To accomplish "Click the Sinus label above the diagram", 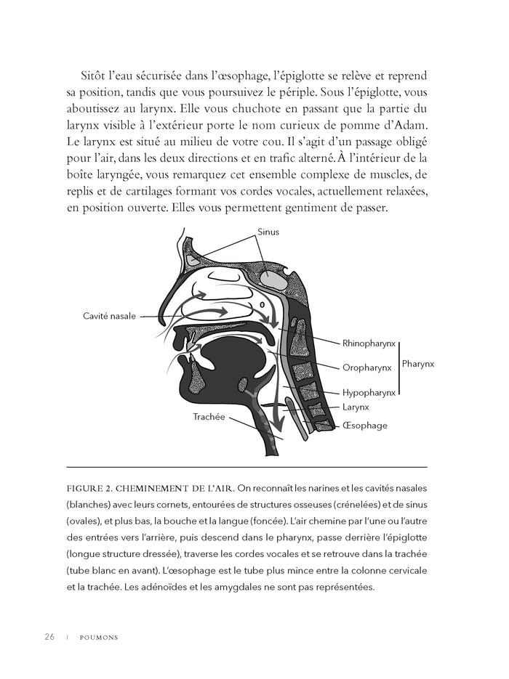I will (x=268, y=232).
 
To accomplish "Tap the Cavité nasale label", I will (x=109, y=316).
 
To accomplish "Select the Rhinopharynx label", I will (x=369, y=341).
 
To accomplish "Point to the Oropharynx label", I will (x=366, y=367).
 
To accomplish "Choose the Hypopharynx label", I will (x=369, y=392).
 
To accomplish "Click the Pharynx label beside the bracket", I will (x=417, y=363).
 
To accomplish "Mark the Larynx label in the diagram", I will (x=357, y=407).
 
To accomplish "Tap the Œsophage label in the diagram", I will (x=364, y=426).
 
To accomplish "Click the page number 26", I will (x=49, y=637).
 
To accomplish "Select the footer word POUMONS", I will (x=99, y=638).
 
